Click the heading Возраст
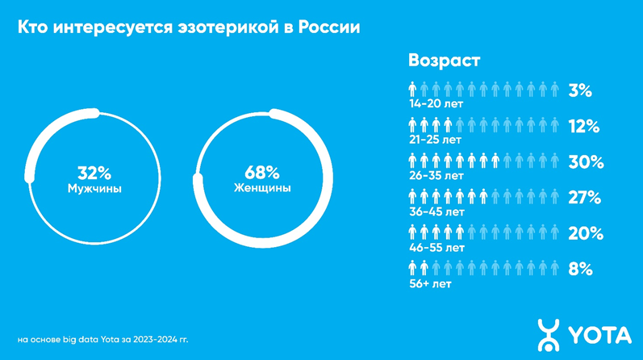(444, 61)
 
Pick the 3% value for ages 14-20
(580, 90)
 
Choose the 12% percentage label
(583, 126)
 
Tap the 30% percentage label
(585, 161)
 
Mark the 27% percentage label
(584, 197)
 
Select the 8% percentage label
(581, 268)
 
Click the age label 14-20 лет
(436, 103)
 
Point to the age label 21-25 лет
(436, 139)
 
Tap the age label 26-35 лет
(436, 174)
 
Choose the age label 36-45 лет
(436, 210)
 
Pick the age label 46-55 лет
(436, 245)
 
